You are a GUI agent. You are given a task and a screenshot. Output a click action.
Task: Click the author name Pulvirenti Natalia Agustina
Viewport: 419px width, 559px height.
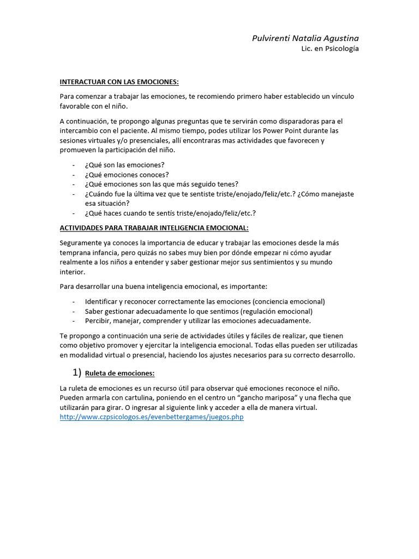click(x=305, y=38)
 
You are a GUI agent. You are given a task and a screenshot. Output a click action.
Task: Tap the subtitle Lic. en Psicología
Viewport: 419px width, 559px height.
click(x=330, y=49)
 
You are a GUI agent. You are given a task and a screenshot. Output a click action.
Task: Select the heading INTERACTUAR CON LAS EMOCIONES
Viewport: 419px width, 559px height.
click(x=119, y=82)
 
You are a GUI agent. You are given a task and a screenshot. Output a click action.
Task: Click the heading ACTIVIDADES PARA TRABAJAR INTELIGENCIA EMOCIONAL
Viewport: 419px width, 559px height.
click(x=154, y=227)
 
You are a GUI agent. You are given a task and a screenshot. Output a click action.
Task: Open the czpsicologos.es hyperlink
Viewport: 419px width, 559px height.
click(x=151, y=417)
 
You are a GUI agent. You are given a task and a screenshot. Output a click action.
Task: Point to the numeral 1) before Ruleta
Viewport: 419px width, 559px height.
click(x=76, y=373)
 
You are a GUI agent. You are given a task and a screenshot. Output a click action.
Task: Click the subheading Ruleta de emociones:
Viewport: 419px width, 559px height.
click(x=120, y=373)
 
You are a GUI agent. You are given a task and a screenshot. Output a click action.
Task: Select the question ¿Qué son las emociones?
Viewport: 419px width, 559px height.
click(x=124, y=164)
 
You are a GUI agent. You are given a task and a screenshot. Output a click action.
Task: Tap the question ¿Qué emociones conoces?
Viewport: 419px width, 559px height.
click(x=127, y=174)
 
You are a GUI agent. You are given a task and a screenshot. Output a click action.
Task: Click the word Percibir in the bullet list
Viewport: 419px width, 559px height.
click(x=97, y=320)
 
